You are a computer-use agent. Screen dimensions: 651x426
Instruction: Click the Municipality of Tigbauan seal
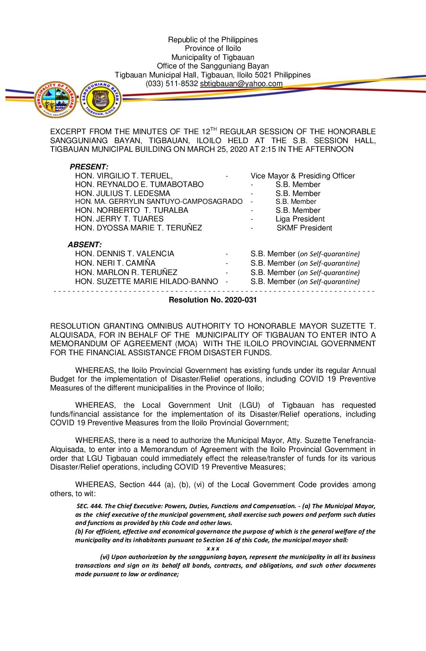point(55,99)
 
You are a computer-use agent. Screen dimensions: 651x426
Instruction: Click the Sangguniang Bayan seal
point(101,99)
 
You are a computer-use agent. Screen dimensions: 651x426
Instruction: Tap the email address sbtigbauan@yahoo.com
point(241,84)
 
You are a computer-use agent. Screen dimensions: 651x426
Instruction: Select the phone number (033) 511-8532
point(171,84)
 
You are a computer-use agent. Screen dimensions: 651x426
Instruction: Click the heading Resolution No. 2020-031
point(213,300)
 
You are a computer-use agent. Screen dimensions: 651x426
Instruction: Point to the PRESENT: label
point(89,167)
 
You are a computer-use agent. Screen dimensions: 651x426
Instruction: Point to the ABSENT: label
point(85,245)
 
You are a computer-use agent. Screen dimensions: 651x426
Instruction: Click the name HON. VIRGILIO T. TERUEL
point(124,176)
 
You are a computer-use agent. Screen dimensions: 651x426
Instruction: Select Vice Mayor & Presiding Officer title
point(303,176)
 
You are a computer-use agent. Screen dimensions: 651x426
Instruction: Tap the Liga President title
point(300,219)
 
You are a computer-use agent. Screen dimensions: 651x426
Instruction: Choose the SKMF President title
point(304,228)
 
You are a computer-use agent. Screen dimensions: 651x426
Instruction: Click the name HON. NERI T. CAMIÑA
point(115,263)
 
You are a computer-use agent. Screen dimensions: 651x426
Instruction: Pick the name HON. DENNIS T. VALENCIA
point(125,254)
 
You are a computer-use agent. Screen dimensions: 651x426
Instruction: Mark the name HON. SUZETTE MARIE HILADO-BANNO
point(146,282)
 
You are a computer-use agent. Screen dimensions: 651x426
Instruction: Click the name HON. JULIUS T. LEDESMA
point(123,194)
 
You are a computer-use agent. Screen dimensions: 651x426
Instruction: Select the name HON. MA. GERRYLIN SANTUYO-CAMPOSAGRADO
point(159,201)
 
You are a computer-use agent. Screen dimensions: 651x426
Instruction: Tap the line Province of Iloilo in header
point(213,49)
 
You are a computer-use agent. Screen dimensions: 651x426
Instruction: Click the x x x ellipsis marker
point(213,548)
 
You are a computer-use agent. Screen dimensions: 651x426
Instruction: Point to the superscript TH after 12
point(213,129)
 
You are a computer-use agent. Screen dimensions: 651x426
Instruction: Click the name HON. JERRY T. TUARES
point(119,219)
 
